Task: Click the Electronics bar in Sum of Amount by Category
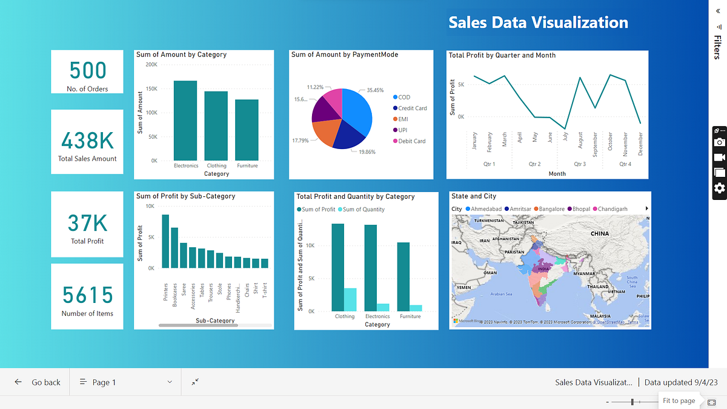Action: point(185,121)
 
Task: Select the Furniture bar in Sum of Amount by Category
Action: point(247,130)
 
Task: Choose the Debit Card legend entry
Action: point(411,141)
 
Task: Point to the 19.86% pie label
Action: point(367,152)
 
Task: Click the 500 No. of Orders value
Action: point(87,71)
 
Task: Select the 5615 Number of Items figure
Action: point(87,295)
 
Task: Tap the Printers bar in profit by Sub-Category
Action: point(165,241)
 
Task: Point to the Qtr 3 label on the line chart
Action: point(580,164)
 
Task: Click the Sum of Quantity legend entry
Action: point(364,210)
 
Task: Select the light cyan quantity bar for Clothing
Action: point(350,299)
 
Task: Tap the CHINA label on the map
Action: point(599,233)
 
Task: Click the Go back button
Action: point(38,382)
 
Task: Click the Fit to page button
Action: point(679,401)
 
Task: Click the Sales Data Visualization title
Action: point(538,23)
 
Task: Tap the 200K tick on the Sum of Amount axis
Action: point(150,64)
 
